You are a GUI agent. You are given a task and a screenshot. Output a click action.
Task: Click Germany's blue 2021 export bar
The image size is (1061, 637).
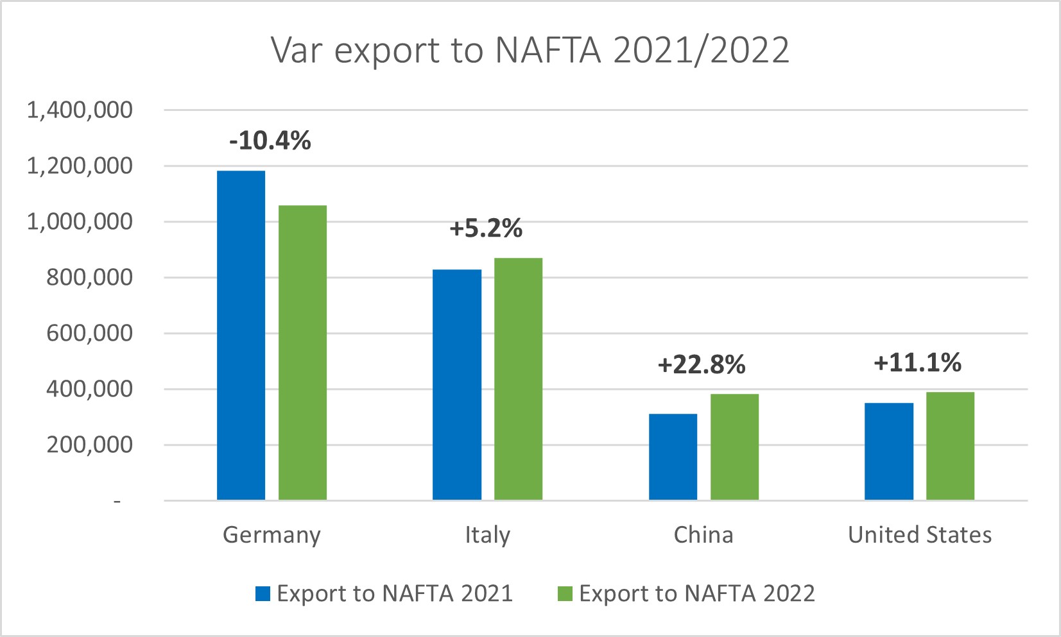[x=241, y=335]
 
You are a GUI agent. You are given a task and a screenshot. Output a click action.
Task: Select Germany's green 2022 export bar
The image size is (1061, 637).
[x=302, y=352]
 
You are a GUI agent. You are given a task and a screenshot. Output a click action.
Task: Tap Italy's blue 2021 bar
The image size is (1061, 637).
[x=456, y=384]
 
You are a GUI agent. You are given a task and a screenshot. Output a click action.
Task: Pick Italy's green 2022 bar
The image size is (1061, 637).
[x=518, y=378]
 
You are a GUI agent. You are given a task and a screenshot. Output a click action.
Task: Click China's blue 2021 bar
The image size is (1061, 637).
[x=673, y=457]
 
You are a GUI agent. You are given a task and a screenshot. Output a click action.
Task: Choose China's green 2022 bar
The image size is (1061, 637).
[x=734, y=446]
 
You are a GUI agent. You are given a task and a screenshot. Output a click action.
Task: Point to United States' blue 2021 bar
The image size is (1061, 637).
[x=888, y=451]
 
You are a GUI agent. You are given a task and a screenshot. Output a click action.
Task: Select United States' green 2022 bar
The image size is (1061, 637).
[x=950, y=446]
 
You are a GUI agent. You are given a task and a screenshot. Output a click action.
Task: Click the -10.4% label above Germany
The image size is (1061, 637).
[x=270, y=140]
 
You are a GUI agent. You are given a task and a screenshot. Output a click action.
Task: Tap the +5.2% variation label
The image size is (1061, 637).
[x=486, y=228]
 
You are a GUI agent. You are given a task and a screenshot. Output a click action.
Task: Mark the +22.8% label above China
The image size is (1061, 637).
[x=702, y=365]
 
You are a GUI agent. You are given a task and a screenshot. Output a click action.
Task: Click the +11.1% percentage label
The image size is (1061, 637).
[x=917, y=363]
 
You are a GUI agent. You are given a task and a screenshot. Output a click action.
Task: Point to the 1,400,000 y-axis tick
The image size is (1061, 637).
[x=80, y=110]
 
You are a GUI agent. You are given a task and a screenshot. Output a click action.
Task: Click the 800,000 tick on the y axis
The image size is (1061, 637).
[x=89, y=278]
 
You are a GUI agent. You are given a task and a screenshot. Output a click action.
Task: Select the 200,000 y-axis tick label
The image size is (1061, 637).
[x=89, y=445]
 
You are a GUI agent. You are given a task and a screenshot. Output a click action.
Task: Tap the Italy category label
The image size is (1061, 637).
[x=487, y=535]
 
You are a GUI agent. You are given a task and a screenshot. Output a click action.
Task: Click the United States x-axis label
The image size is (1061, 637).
[x=919, y=535]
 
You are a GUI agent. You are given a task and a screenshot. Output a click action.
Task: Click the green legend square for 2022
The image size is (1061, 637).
[x=565, y=593]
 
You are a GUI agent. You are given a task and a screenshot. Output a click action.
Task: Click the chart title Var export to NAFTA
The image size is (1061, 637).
[x=530, y=50]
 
